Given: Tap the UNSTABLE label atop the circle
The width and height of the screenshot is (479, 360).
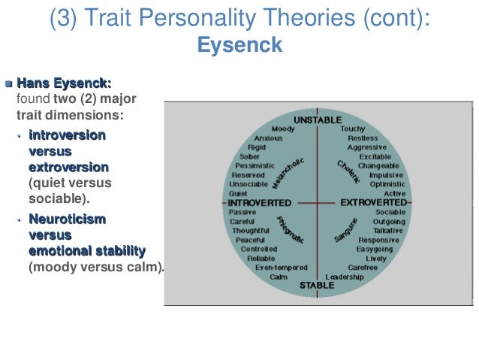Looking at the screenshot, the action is tap(318, 120).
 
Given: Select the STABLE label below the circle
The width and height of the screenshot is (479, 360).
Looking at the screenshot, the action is tap(317, 286).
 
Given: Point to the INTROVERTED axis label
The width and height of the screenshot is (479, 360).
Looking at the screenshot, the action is tap(259, 203).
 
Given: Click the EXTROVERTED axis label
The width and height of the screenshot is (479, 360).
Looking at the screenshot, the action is tap(373, 203).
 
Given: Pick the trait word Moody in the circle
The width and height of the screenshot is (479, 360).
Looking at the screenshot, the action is tap(283, 129).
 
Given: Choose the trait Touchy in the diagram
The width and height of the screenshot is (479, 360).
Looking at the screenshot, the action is tap(352, 129).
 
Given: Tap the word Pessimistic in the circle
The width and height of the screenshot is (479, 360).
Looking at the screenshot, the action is tap(257, 165).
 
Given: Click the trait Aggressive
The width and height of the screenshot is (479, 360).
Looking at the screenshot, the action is tap(367, 147).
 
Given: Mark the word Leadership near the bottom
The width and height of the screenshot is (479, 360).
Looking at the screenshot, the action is tap(345, 277).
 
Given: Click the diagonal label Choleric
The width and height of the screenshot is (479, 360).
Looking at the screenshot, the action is tap(348, 171).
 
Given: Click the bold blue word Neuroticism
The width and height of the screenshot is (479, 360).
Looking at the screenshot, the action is tap(67, 219).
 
